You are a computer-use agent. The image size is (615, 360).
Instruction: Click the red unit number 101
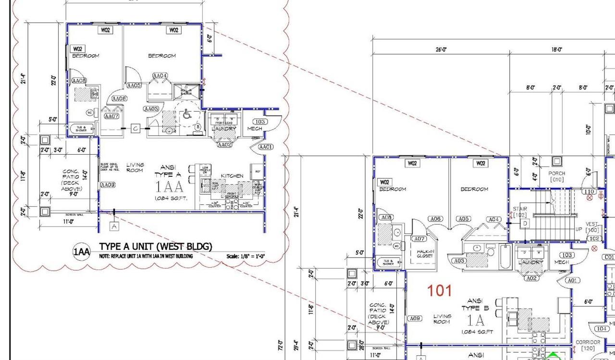pyautogui.click(x=440, y=290)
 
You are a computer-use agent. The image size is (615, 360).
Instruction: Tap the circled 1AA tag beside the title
pyautogui.click(x=81, y=251)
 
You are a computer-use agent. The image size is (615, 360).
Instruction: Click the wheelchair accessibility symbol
pyautogui.click(x=186, y=115)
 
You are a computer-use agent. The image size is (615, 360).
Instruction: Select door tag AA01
pyautogui.click(x=266, y=147)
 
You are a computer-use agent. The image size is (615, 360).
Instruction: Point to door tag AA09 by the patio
pyautogui.click(x=108, y=185)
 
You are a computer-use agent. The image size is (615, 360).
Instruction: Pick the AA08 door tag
pyautogui.click(x=79, y=81)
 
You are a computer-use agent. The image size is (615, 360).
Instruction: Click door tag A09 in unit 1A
pyautogui.click(x=415, y=318)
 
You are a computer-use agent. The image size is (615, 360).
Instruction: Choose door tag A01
pyautogui.click(x=572, y=280)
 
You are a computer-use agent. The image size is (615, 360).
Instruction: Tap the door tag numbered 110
pyautogui.click(x=590, y=192)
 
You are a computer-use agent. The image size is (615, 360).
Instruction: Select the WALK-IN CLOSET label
pyautogui.click(x=425, y=253)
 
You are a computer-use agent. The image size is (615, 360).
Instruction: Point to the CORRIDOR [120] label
pyautogui.click(x=588, y=345)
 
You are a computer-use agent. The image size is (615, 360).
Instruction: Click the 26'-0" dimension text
pyautogui.click(x=441, y=50)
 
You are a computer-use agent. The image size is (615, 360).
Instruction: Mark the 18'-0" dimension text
pyautogui.click(x=557, y=50)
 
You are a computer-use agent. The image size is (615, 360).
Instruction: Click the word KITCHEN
pyautogui.click(x=232, y=176)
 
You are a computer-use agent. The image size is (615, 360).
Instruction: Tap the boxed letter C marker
pyautogui.click(x=136, y=128)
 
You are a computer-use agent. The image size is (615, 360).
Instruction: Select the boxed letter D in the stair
pyautogui.click(x=525, y=223)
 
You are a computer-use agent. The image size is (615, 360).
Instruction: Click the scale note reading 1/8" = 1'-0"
pyautogui.click(x=246, y=257)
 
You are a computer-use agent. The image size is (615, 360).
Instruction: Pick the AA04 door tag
pyautogui.click(x=160, y=76)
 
